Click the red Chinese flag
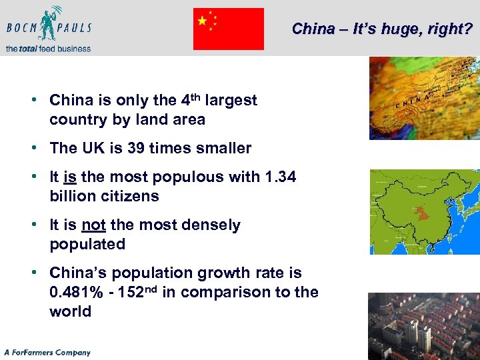(x=229, y=29)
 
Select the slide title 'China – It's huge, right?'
(x=382, y=29)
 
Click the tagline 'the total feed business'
(x=48, y=48)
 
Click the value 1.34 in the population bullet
(x=279, y=177)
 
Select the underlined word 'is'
(x=69, y=177)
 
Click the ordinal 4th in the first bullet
(x=189, y=100)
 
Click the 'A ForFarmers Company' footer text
(x=47, y=352)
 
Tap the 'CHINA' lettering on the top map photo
(x=413, y=102)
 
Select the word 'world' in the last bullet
(x=70, y=311)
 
